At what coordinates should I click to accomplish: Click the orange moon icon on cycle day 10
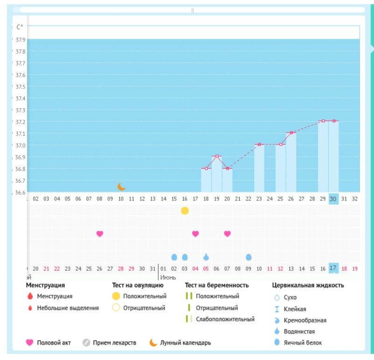(121, 187)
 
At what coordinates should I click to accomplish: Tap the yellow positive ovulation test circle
(185, 211)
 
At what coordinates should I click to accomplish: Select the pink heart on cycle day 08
(99, 234)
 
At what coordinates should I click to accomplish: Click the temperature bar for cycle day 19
(217, 173)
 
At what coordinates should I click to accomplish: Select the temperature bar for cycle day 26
(291, 162)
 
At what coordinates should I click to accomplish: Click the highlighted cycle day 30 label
(333, 198)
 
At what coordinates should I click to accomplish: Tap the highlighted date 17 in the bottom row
(333, 269)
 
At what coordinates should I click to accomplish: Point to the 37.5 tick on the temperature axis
(20, 87)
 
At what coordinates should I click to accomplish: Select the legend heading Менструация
(45, 285)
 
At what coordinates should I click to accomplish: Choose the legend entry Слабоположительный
(225, 319)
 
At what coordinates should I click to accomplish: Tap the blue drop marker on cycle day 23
(249, 257)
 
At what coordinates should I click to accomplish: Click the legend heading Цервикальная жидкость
(308, 285)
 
